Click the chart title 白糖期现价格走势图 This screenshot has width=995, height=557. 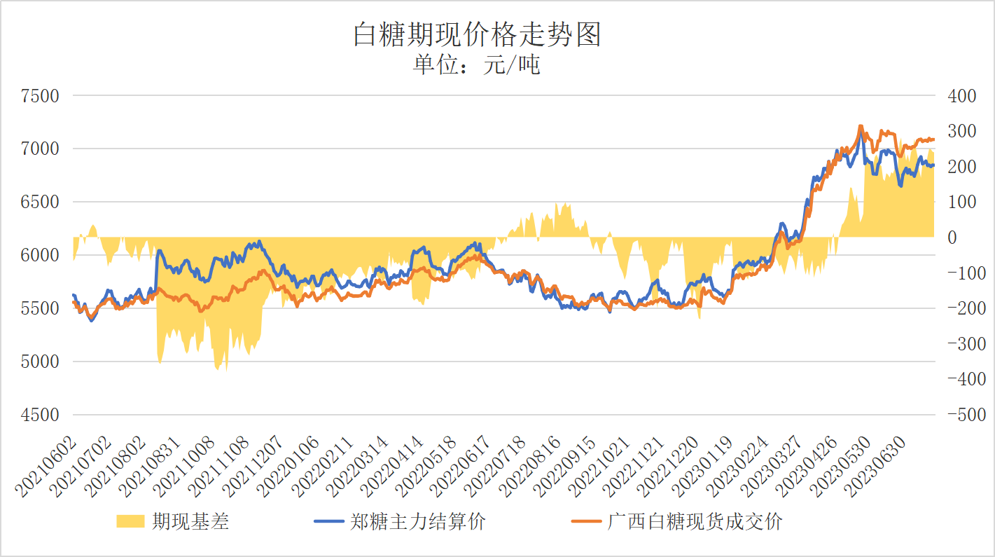tap(477, 34)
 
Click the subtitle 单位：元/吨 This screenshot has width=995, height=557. tap(477, 65)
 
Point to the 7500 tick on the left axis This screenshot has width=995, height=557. tap(40, 96)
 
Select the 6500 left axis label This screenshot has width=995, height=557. tap(40, 202)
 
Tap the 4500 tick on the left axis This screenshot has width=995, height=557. tap(40, 415)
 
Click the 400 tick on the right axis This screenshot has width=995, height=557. tap(961, 96)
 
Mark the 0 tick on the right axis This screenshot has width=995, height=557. tap(952, 238)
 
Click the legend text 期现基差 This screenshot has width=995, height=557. tap(190, 522)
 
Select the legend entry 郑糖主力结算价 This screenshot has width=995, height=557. tap(417, 522)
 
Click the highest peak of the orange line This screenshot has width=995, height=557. tap(860, 127)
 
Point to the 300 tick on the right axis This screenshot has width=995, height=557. tap(961, 131)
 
